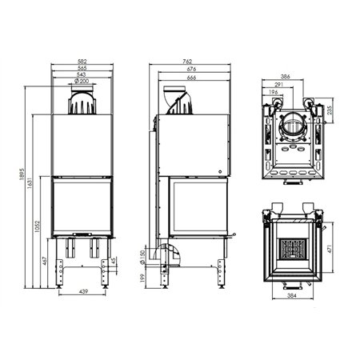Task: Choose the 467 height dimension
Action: point(46,262)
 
